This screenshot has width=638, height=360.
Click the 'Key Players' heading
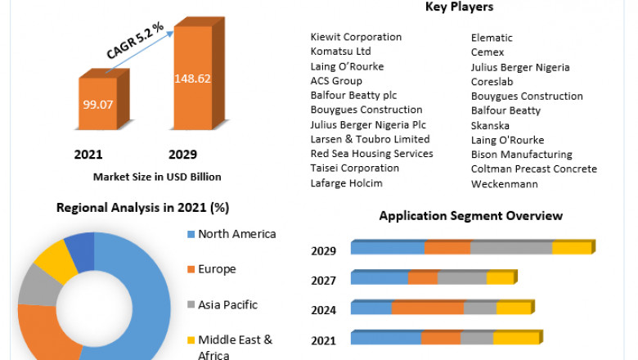(459, 7)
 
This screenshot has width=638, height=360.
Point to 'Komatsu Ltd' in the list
(340, 52)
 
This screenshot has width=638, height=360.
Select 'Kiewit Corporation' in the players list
(356, 37)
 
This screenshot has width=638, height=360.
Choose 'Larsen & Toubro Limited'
(370, 139)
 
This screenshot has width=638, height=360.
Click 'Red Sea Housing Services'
(371, 154)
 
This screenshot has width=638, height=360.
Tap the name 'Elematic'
(492, 37)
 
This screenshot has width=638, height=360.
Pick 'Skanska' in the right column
(490, 125)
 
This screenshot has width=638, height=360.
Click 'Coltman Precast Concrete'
(533, 169)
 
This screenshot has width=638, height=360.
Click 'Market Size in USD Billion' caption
(157, 177)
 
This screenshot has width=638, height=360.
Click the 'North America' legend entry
(236, 234)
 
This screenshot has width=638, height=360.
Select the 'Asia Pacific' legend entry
(227, 305)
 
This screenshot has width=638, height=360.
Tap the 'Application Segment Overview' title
(470, 216)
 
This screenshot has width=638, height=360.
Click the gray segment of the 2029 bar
(511, 248)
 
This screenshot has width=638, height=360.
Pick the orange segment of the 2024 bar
(428, 308)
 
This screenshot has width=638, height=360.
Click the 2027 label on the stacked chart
(323, 281)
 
